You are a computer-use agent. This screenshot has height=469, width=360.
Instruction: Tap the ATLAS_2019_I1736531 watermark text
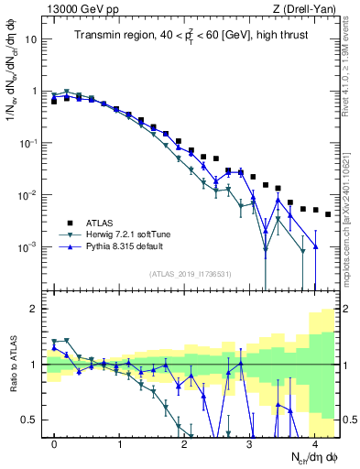click(x=190, y=275)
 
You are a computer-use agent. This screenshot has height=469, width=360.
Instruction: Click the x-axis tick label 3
click(x=250, y=444)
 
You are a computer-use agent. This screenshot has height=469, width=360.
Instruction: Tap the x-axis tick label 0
click(x=55, y=444)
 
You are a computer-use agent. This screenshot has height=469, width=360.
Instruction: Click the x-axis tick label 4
click(x=315, y=444)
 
